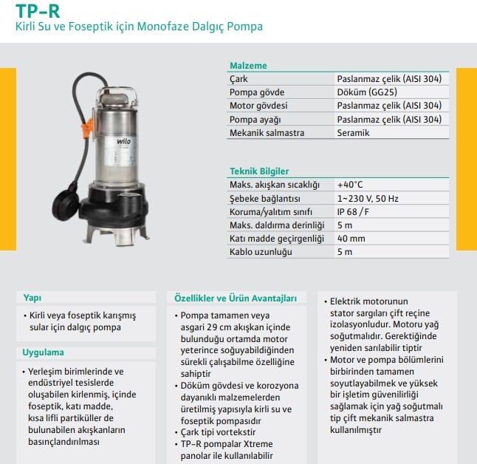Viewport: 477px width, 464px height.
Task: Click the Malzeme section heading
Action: coord(247,66)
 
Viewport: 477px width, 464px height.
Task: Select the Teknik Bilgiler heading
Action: coord(259,171)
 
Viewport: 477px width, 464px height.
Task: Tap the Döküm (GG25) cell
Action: coord(366,92)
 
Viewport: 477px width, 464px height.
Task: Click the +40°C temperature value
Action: coord(351,185)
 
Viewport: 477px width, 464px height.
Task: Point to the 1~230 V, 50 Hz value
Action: coord(368,199)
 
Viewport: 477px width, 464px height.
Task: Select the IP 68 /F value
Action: coord(354,212)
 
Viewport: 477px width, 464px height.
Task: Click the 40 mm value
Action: coord(351,239)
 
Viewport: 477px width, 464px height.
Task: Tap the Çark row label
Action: coord(238,79)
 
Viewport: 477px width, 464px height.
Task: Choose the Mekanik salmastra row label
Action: coord(267,133)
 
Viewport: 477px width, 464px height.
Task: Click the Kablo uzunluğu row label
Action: coord(261,252)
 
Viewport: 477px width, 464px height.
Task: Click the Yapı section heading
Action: coord(32,298)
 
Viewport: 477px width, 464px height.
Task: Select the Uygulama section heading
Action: coord(44,352)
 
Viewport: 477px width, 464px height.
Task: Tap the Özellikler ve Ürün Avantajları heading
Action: coord(235,298)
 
